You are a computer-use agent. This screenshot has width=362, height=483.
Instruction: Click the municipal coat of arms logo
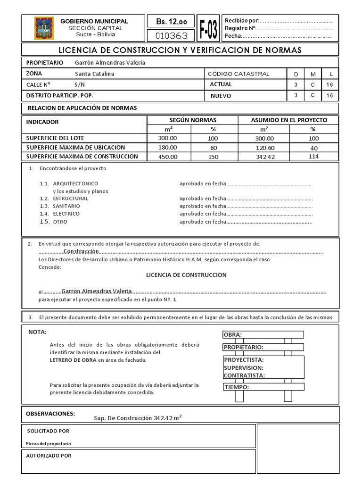[44, 28]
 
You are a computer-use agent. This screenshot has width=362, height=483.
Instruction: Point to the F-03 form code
[208, 29]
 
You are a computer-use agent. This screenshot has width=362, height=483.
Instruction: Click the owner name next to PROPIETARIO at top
[110, 62]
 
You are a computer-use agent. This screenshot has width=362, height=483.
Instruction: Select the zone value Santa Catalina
[94, 74]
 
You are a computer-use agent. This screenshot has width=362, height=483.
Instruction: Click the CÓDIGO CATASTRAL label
[239, 74]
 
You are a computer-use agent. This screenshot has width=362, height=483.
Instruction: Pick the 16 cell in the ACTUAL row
[329, 84]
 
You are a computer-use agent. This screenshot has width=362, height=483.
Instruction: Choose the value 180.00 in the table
[168, 148]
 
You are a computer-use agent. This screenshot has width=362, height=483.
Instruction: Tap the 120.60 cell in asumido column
[264, 148]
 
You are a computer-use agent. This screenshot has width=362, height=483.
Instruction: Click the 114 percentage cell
[313, 157]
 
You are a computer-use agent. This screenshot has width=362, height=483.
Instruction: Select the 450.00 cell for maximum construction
[168, 157]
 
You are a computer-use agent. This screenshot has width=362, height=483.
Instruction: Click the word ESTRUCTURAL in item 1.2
[71, 199]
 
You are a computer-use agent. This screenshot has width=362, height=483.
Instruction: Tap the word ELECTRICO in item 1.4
[66, 214]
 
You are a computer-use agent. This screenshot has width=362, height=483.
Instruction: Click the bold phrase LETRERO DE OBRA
[73, 360]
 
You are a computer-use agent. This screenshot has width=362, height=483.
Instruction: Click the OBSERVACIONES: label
[50, 413]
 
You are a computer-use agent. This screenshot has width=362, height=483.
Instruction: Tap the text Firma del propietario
[49, 444]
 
